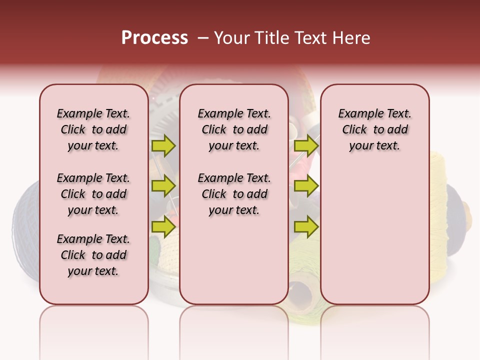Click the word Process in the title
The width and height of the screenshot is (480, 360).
(x=154, y=38)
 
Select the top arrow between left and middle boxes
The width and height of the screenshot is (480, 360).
(x=163, y=145)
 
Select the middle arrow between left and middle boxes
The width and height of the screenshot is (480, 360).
(x=163, y=186)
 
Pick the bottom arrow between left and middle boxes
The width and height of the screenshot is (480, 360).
(x=163, y=226)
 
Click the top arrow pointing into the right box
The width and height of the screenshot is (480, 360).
(x=306, y=145)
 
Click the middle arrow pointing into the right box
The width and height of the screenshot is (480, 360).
(x=306, y=186)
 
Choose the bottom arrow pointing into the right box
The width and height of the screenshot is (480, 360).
(x=306, y=226)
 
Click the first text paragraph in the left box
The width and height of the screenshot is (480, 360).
(x=93, y=129)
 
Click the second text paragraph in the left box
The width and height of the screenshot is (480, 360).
(x=93, y=194)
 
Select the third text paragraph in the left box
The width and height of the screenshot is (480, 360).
(x=93, y=255)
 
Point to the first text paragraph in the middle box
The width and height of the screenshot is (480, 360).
(x=234, y=129)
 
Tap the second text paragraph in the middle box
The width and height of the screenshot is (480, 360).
(x=234, y=194)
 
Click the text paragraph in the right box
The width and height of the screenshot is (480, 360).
(x=374, y=129)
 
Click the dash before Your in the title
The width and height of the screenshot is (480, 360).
(x=202, y=38)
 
